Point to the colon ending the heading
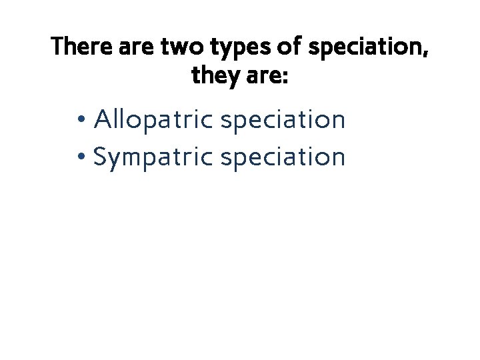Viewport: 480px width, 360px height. coord(285,79)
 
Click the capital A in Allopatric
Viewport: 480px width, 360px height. coord(103,120)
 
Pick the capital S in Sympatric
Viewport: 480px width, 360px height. coord(101,157)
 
